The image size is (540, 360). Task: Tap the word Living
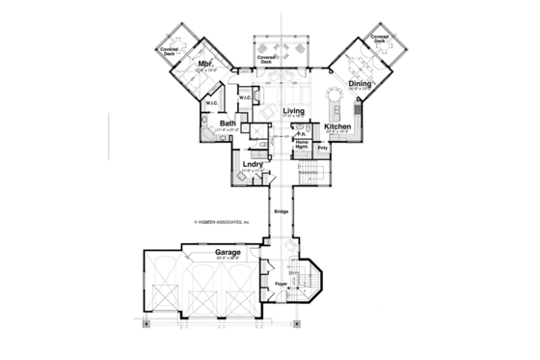[293, 112]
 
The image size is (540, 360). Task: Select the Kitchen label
[337, 126]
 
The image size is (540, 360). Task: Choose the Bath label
[228, 124]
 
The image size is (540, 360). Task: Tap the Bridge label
[281, 211]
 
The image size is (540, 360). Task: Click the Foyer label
[281, 284]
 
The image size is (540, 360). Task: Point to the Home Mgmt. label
[302, 144]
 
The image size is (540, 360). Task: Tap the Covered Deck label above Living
[267, 59]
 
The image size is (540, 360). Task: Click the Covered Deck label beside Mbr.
[170, 53]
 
